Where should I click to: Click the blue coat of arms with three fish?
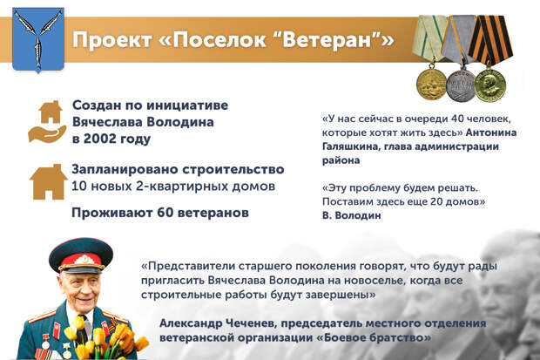click(x=38, y=39)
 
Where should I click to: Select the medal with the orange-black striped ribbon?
click(x=490, y=58)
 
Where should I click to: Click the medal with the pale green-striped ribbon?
click(x=429, y=58)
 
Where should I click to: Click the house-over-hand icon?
click(x=48, y=122)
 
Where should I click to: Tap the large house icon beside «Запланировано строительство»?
click(x=48, y=181)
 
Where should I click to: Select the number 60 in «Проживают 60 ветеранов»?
click(x=165, y=213)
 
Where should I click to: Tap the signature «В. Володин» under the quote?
click(x=352, y=215)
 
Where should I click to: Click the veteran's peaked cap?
click(x=81, y=255)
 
